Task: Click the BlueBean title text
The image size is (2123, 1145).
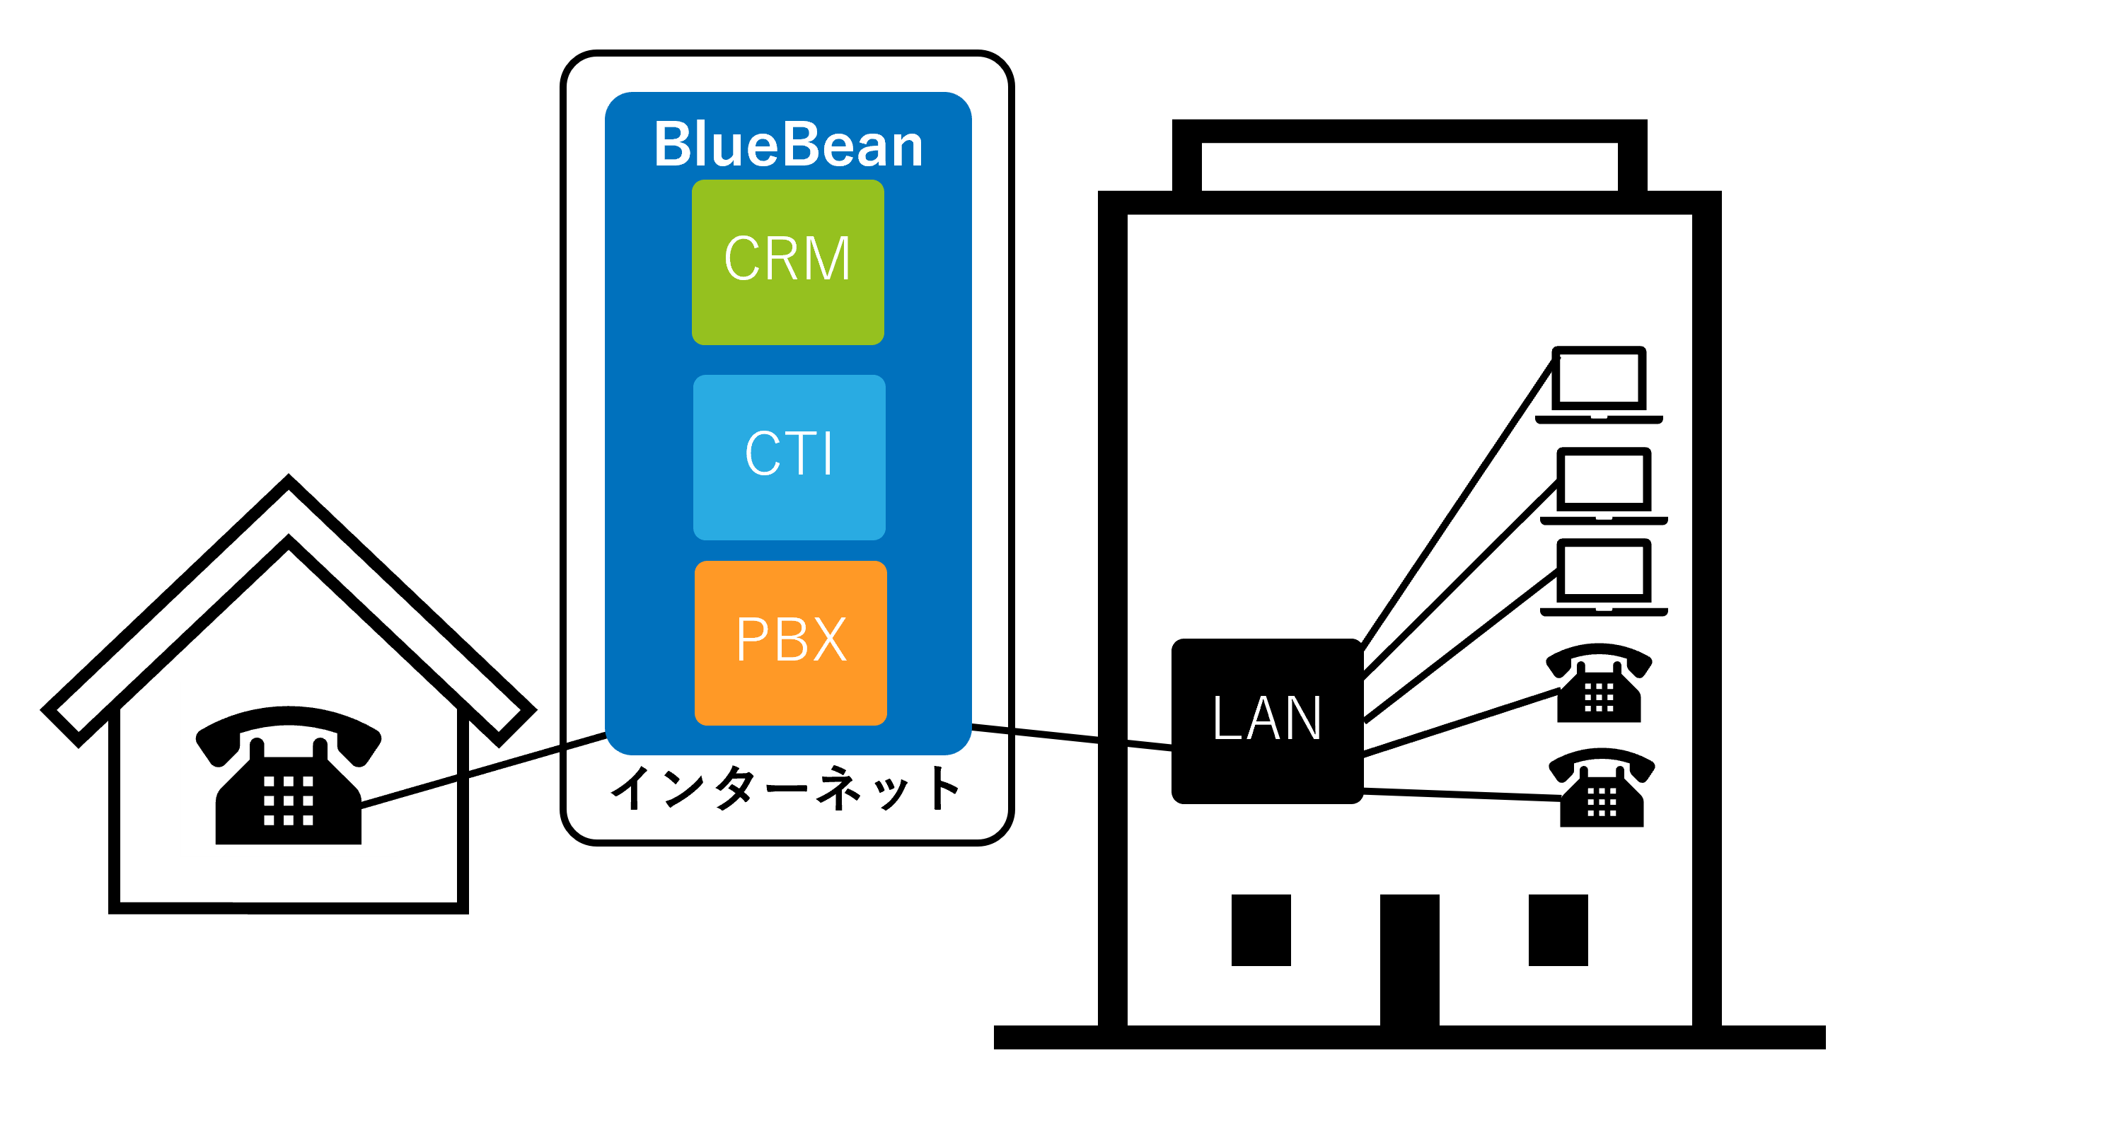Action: click(788, 144)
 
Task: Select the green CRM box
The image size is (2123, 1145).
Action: click(788, 262)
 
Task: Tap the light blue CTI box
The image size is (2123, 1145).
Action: click(789, 457)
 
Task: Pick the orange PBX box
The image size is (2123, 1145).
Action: click(790, 643)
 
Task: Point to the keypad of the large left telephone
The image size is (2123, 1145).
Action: click(289, 800)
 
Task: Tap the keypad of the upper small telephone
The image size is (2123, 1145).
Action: click(1599, 697)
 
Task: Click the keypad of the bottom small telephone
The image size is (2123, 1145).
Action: click(1602, 801)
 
